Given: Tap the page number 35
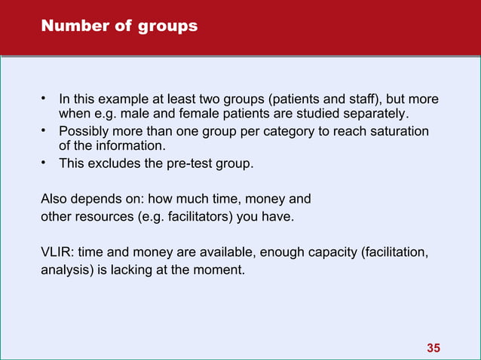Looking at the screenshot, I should coord(433,347).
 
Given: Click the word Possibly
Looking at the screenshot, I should coord(84,132).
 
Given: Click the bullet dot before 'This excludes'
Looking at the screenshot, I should coord(44,163).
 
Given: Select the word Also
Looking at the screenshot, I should coord(53,200).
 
